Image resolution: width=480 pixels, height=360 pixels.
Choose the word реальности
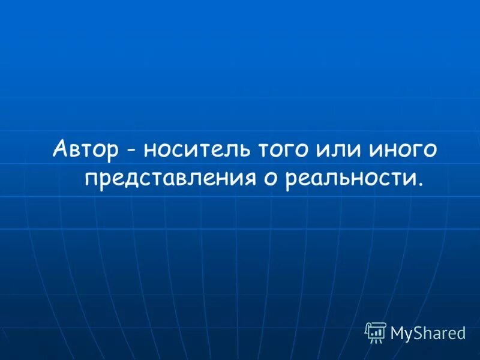pyautogui.click(x=342, y=178)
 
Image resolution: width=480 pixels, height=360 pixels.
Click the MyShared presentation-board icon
pyautogui.click(x=376, y=332)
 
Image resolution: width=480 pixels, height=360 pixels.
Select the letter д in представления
pyautogui.click(x=126, y=179)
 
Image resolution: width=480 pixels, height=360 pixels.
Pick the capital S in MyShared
pyautogui.click(x=418, y=332)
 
